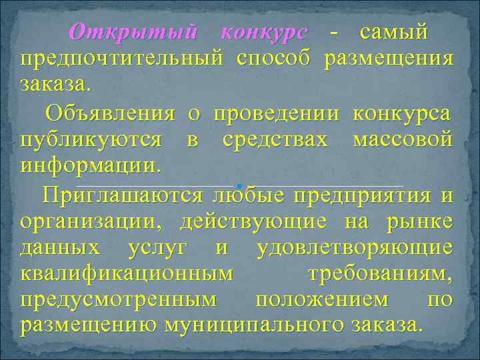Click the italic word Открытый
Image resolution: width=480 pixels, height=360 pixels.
[x=133, y=32]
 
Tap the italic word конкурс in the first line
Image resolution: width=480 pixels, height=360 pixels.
[x=264, y=32]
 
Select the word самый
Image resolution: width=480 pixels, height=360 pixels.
[x=393, y=32]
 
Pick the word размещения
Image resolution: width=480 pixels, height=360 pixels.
[x=389, y=59]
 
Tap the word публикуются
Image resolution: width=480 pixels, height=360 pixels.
[x=91, y=141]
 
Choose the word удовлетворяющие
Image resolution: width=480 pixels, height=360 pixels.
[x=354, y=249]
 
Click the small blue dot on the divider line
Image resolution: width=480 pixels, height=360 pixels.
[x=238, y=183]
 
